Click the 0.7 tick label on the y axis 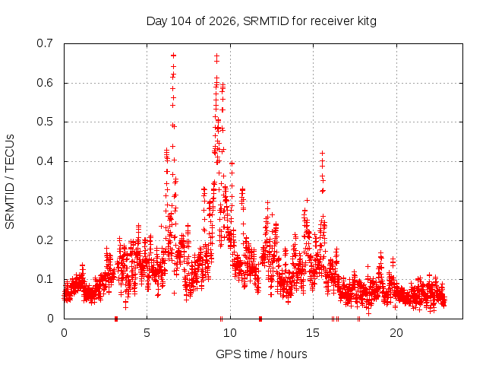coord(45,43)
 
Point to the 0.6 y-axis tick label coord(45,83)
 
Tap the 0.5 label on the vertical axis coord(45,122)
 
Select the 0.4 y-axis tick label coord(45,161)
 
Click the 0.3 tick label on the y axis coord(45,201)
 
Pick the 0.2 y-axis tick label coord(45,240)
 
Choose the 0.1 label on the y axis coord(45,279)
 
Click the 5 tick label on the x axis coord(147,333)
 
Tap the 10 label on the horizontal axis coord(229,333)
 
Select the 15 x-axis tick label coord(313,333)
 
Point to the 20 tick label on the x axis coord(396,333)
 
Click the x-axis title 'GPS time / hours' coord(261,354)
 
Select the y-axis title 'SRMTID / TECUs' coord(10,182)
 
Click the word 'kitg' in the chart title coord(367,21)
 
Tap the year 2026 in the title coord(222,21)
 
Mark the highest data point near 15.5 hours coord(322,154)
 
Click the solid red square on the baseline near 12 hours coord(260,319)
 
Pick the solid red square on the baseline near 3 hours coord(116,319)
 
